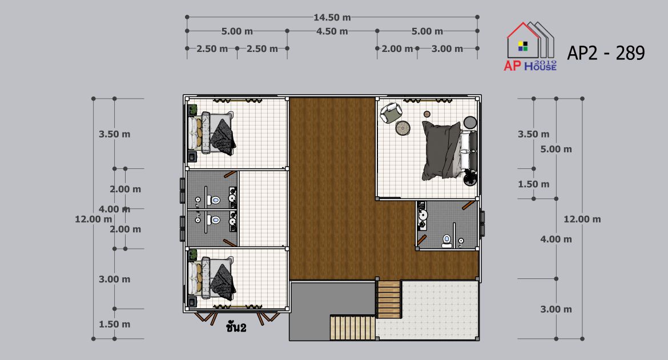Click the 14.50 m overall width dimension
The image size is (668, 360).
[x=332, y=18]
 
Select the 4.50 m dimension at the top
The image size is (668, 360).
[x=332, y=31]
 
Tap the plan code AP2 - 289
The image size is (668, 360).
[x=606, y=53]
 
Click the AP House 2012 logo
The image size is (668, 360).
[x=530, y=46]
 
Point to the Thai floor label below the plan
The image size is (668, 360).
[x=236, y=327]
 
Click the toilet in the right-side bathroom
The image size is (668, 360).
[x=446, y=241]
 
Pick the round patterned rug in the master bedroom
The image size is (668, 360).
[x=403, y=128]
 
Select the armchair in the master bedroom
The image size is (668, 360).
[x=391, y=112]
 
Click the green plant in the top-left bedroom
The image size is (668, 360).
[x=192, y=110]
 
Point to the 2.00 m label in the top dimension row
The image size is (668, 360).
[x=397, y=49]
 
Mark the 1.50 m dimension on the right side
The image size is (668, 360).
[x=533, y=184]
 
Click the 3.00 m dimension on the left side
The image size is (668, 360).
[x=115, y=279]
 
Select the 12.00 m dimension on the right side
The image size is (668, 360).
[x=582, y=219]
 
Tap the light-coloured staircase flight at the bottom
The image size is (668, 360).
[x=353, y=327]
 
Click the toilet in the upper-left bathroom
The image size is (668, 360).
[x=216, y=200]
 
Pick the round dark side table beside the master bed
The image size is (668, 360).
[x=470, y=122]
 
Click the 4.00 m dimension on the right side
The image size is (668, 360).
[x=556, y=239]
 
